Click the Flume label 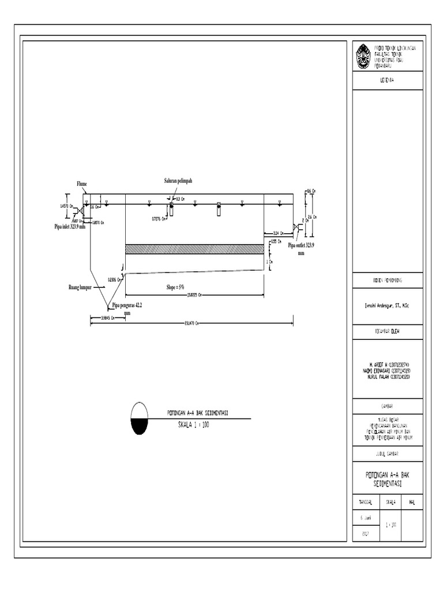pos(81,184)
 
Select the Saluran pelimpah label pos(178,181)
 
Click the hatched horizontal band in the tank pos(194,248)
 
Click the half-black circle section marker pos(140,418)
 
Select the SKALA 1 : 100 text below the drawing pos(193,424)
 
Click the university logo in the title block pos(363,57)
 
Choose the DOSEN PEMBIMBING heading pos(387,280)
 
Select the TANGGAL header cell pos(365,502)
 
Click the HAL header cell pos(411,502)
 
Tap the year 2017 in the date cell pos(365,534)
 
